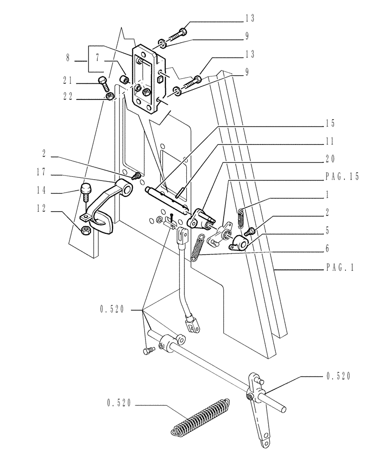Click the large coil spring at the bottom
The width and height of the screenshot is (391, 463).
pyautogui.click(x=200, y=416)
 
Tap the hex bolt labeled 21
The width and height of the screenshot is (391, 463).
pyautogui.click(x=104, y=85)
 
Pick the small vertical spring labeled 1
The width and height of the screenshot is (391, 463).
pyautogui.click(x=240, y=218)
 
